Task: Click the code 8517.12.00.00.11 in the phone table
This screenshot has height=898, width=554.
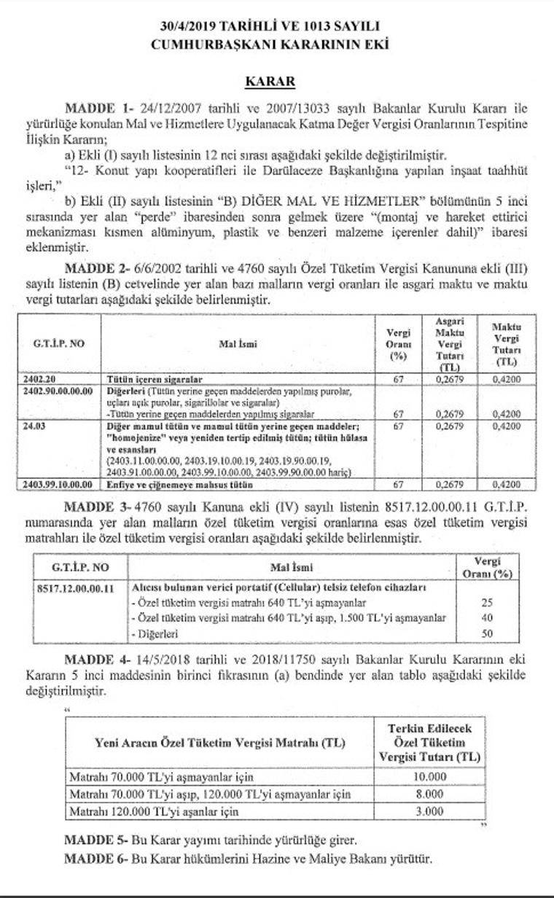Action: [75, 587]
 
